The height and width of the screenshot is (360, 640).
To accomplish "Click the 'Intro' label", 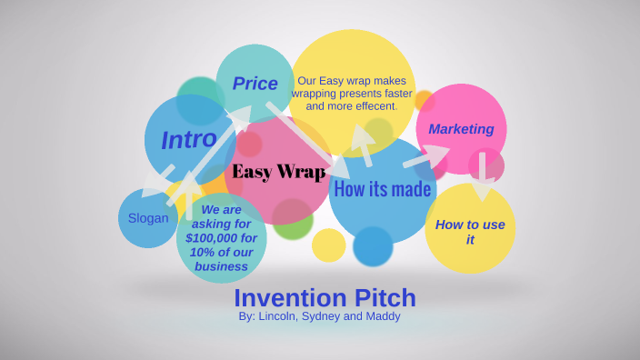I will (189, 140).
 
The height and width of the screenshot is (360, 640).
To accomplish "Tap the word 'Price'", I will (255, 84).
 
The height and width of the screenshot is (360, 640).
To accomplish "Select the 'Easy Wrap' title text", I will (279, 172).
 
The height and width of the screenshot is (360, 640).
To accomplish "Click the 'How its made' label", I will (382, 189).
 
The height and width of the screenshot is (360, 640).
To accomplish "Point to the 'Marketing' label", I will (461, 129).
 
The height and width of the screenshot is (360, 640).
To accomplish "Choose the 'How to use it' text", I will (470, 232).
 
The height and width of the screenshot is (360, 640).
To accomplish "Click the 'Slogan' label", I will (148, 218).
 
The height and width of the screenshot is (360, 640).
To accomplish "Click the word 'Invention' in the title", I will (290, 297).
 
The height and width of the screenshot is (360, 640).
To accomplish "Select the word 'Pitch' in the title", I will (385, 297).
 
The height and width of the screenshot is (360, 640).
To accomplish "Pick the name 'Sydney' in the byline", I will (333, 316).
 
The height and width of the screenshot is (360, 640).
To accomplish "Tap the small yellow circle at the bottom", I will (328, 245).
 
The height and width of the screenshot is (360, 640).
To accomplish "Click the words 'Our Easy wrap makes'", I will (351, 80).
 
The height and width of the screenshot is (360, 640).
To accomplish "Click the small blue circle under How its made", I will (373, 246).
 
